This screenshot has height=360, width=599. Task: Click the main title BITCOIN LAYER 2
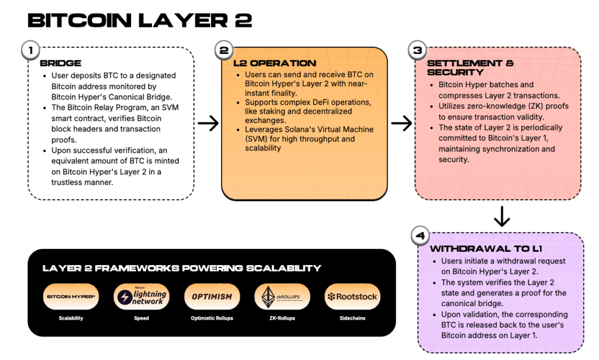coord(140,21)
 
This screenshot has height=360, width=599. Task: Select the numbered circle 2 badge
coord(223,50)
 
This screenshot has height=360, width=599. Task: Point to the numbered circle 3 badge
coord(418,50)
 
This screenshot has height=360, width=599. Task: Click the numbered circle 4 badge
coord(420,235)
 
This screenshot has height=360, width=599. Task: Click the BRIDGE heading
coord(60,63)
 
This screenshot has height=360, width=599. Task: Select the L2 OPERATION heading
coord(274,63)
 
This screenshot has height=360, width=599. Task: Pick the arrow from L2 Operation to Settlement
coord(401,123)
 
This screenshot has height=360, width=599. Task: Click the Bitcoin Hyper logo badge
coord(71,297)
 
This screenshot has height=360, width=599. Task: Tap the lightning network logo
coord(141,297)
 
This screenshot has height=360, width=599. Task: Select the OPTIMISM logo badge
coord(211,297)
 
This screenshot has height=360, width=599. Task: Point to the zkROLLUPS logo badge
coord(282,297)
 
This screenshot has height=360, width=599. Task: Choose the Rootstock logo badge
coord(352,297)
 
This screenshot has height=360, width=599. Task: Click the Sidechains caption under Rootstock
coord(352,318)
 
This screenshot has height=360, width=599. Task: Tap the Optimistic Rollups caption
coord(211,318)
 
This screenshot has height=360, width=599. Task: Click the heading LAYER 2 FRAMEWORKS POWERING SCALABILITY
coord(182,268)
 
